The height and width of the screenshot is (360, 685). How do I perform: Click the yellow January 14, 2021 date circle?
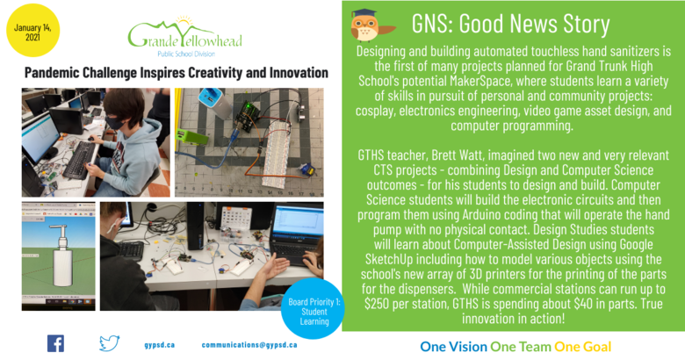[x=32, y=31]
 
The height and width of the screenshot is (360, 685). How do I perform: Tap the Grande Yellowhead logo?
[x=184, y=37]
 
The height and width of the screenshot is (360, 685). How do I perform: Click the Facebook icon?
[x=55, y=343]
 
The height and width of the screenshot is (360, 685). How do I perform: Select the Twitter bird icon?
[x=109, y=343]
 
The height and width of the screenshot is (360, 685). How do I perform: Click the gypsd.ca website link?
[x=160, y=345]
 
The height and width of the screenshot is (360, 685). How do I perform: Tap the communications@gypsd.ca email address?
[x=249, y=345]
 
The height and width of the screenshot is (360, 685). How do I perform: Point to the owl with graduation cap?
[x=371, y=25]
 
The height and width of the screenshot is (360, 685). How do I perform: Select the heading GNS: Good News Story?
[x=510, y=23]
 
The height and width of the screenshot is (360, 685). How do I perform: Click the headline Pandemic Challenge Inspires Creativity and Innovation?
[x=176, y=73]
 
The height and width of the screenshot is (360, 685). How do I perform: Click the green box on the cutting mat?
[x=191, y=137]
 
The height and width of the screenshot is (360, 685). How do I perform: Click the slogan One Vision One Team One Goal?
[x=516, y=347]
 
